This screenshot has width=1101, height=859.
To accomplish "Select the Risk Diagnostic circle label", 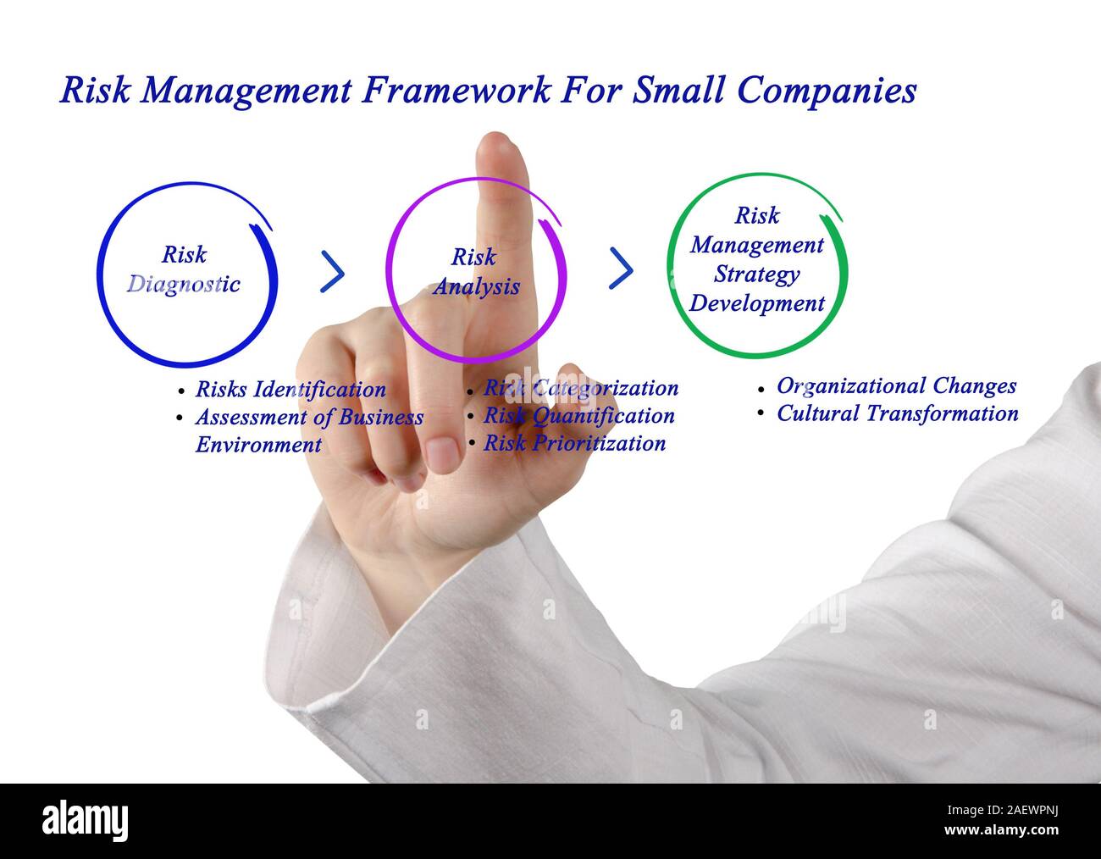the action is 184,269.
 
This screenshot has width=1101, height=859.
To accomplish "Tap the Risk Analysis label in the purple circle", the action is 476,272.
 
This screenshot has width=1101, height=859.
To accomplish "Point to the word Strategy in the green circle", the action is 757,275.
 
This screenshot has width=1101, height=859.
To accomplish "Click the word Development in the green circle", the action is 757,303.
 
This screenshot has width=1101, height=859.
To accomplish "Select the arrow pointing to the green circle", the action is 621,269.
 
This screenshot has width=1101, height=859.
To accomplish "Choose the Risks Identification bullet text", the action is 290,390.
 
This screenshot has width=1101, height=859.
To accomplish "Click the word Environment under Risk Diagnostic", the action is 258,445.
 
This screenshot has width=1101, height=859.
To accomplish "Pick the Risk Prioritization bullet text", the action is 574,443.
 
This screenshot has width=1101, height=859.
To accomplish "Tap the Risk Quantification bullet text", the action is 579,416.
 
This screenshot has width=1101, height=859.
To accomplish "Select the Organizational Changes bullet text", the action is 897,386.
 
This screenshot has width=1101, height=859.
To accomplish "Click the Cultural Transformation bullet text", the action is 898,413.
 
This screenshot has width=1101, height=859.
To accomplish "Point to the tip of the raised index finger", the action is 495,134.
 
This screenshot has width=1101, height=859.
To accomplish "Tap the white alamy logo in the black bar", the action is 85,821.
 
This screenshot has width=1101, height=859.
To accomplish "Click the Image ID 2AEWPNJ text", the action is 1002,811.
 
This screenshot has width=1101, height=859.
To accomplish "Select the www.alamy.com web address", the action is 1001,830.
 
